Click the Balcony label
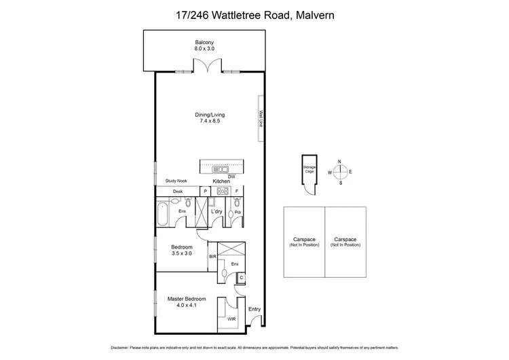tap(208, 43)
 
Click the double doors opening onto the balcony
tap(208, 68)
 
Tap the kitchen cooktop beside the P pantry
tap(221, 192)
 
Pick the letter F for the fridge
tap(236, 192)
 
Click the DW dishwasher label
tap(231, 177)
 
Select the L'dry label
tap(217, 212)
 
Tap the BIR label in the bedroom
tap(212, 257)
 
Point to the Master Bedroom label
tap(186, 298)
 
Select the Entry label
tap(254, 309)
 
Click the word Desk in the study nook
tap(177, 192)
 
